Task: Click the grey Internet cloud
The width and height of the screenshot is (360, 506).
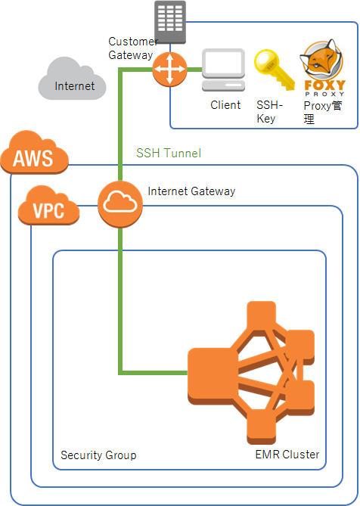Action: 73,80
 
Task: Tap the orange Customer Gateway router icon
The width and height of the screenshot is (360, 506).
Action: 169,72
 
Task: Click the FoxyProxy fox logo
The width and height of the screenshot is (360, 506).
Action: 324,67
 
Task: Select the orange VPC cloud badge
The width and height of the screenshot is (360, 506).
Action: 50,205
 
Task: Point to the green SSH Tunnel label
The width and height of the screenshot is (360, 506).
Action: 169,153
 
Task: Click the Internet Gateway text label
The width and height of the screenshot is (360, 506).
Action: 191,191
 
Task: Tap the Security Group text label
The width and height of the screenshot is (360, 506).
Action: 98,455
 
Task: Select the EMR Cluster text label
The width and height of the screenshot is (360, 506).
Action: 287,455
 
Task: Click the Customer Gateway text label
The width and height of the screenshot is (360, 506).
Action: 132,48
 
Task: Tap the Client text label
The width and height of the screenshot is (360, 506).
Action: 225,105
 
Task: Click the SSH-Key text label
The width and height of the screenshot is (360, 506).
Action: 270,112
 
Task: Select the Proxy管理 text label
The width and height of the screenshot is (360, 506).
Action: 322,112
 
